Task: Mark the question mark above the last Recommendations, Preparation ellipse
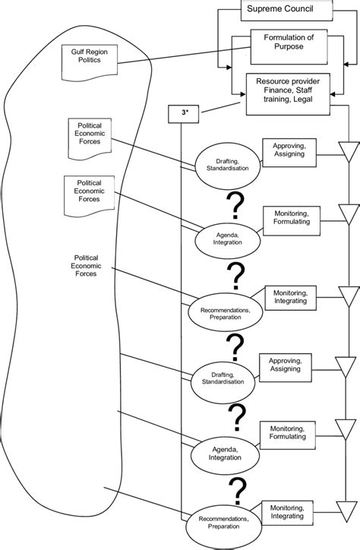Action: click(x=242, y=489)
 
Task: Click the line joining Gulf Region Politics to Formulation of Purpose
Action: click(x=175, y=59)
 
